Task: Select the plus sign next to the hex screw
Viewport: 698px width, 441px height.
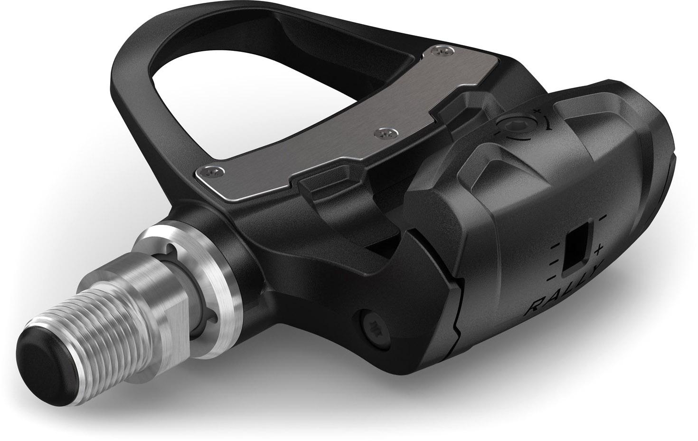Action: point(536,111)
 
